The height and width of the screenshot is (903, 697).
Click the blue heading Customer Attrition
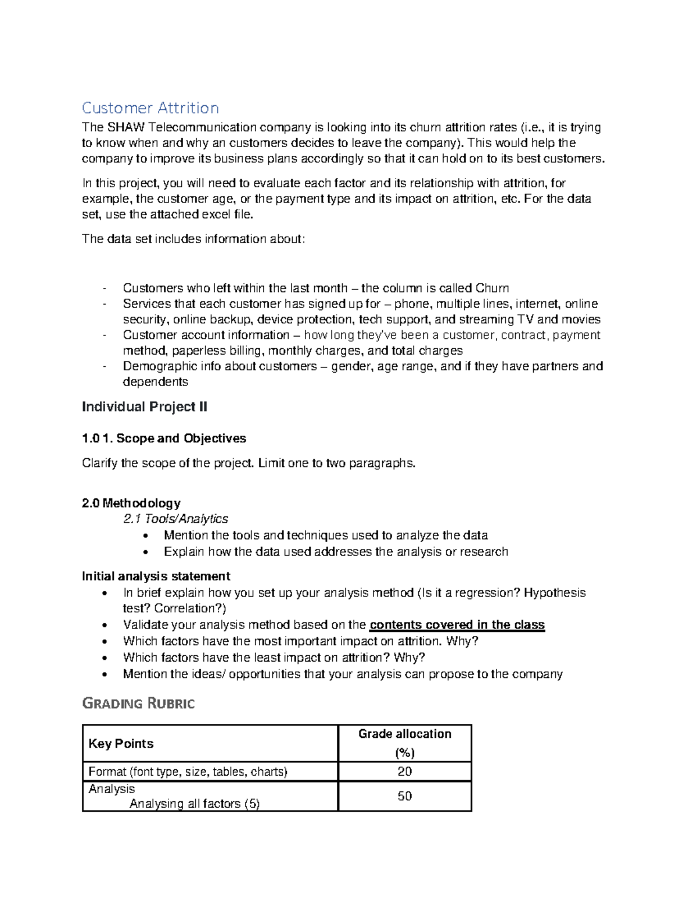pyautogui.click(x=150, y=108)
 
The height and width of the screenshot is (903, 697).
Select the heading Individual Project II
pyautogui.click(x=144, y=407)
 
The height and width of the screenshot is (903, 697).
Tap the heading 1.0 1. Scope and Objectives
pyautogui.click(x=164, y=438)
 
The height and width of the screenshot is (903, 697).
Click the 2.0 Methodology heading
pyautogui.click(x=131, y=503)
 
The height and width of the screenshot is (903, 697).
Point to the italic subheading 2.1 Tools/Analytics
pyautogui.click(x=175, y=519)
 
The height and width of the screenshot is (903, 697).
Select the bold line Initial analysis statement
pyautogui.click(x=156, y=576)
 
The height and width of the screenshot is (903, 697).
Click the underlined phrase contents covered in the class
pyautogui.click(x=457, y=625)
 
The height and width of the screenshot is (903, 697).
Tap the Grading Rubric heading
pyautogui.click(x=138, y=704)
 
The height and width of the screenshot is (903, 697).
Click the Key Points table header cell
pyautogui.click(x=121, y=744)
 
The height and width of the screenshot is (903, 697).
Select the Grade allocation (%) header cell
pyautogui.click(x=404, y=743)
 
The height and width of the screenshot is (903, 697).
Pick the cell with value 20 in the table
pyautogui.click(x=404, y=772)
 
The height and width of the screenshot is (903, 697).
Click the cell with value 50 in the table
pyautogui.click(x=404, y=796)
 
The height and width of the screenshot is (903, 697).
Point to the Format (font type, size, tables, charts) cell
pyautogui.click(x=188, y=772)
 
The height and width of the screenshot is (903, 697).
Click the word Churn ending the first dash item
pyautogui.click(x=492, y=288)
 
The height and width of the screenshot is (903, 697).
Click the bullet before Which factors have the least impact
pyautogui.click(x=104, y=658)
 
